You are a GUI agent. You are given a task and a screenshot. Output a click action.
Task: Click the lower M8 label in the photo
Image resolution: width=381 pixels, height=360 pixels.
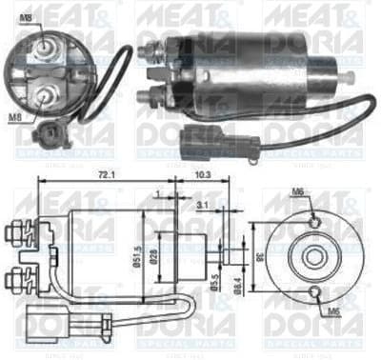tap(16, 116)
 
